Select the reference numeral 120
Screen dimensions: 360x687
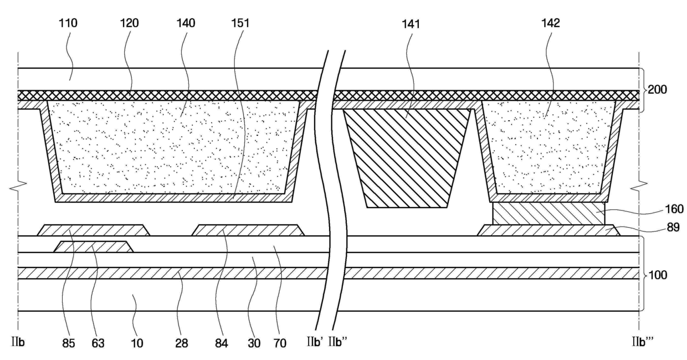pos(129,23)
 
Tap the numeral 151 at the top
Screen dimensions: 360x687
pos(242,23)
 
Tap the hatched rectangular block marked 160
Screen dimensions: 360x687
pos(547,213)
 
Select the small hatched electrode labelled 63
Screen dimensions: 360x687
pos(93,247)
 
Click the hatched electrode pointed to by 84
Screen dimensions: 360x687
pos(248,230)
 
